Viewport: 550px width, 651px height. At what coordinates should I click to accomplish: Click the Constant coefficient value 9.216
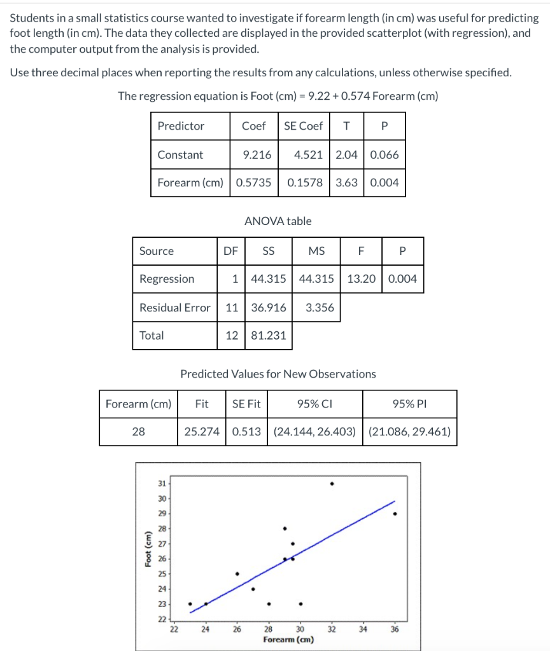(257, 154)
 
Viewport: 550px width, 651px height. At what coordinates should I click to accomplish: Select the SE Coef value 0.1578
(305, 182)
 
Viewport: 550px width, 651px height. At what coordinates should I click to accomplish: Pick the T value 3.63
(346, 182)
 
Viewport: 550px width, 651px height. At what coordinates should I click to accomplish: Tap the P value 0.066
(384, 154)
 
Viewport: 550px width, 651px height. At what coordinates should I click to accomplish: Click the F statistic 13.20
(361, 278)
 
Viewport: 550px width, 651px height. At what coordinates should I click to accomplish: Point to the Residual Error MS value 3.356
(320, 307)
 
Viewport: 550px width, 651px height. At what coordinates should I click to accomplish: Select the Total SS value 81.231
(269, 335)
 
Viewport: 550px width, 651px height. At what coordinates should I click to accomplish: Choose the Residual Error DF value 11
(232, 307)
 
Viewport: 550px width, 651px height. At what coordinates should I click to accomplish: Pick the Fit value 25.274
(202, 432)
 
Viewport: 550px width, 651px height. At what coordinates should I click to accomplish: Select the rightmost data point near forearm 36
(395, 514)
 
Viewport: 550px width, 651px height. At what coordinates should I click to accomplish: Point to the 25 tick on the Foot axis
(162, 574)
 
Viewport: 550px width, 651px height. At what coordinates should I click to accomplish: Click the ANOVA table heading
(278, 221)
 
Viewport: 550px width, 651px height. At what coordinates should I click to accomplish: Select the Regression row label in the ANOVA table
(167, 278)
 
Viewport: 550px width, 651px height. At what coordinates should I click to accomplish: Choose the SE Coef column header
(303, 126)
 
